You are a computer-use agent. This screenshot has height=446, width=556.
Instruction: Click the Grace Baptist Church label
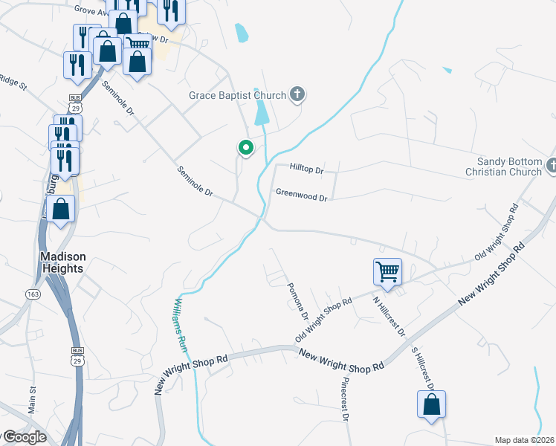237,95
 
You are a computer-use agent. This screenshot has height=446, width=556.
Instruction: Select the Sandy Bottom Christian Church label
510,167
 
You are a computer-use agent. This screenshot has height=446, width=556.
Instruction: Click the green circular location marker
245,148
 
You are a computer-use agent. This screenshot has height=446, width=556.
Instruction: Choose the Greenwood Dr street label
302,197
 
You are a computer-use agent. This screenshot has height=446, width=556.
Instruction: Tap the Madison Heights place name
62,262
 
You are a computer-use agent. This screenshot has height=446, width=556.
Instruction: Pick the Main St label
32,400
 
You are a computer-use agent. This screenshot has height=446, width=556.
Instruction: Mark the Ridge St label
13,83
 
